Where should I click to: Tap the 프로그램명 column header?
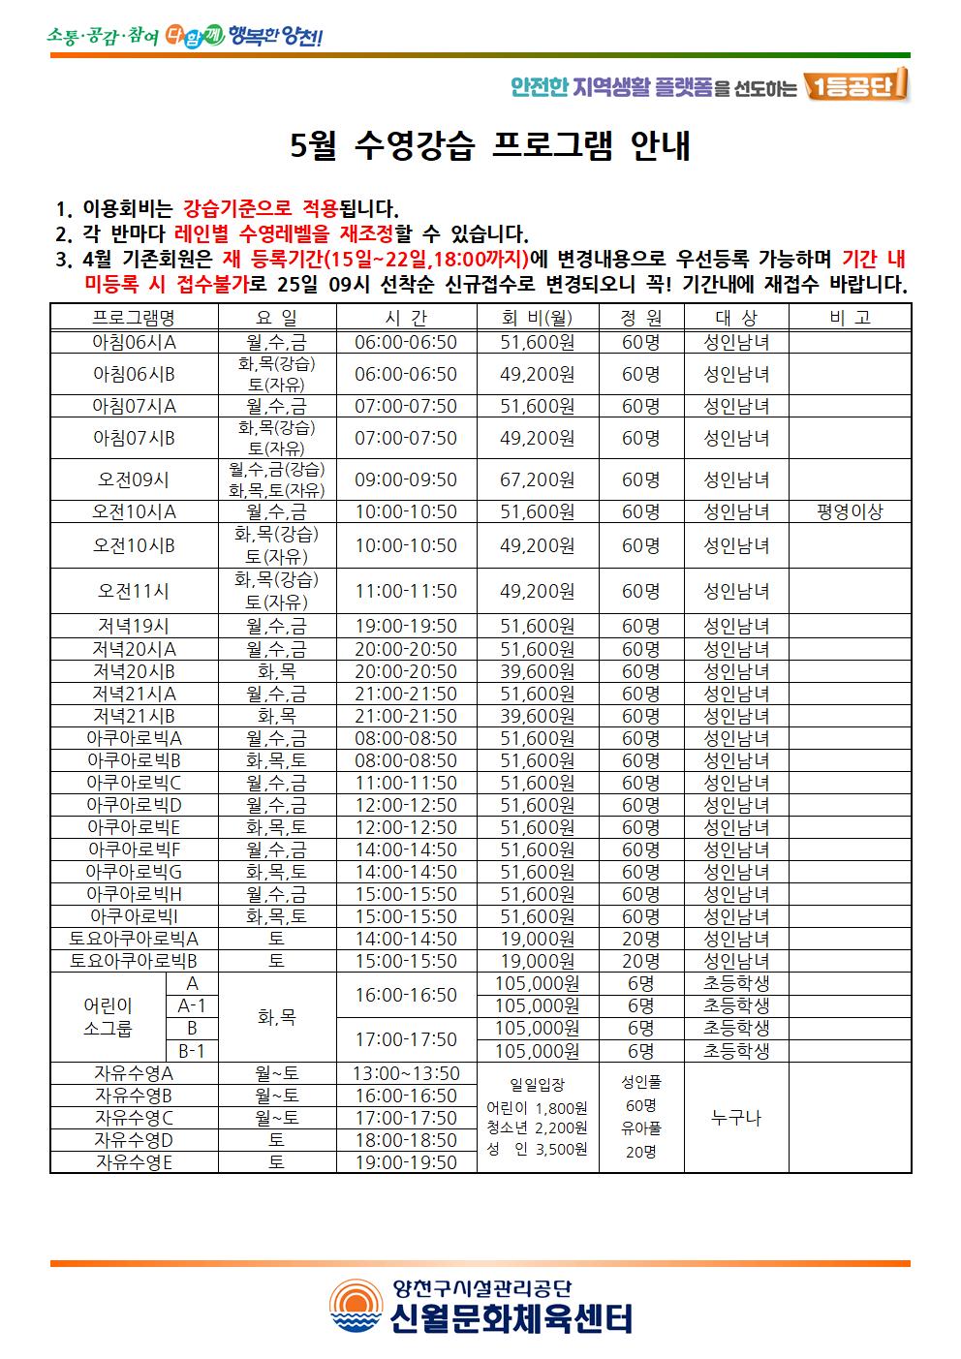[x=134, y=318]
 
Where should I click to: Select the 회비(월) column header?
[x=537, y=318]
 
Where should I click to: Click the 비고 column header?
[x=850, y=318]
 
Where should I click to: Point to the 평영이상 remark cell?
[x=850, y=512]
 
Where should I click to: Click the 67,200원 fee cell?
[x=537, y=479]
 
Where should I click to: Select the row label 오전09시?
[x=134, y=479]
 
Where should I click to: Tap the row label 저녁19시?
[x=134, y=627]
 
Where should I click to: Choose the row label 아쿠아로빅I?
[x=134, y=916]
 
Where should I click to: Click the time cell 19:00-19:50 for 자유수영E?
[x=406, y=1162]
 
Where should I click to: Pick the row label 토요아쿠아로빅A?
[x=134, y=939]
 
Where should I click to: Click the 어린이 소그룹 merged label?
[x=108, y=1017]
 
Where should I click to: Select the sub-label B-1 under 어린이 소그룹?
[x=192, y=1051]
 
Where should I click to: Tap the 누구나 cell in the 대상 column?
[x=736, y=1118]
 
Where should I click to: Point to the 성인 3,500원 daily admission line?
[x=537, y=1150]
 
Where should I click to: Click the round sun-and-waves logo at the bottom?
[x=356, y=1306]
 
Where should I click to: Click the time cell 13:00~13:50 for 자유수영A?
[x=406, y=1073]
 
